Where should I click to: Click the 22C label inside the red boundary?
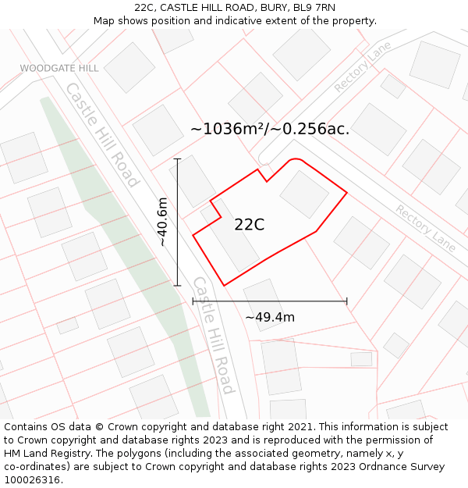coord(249,225)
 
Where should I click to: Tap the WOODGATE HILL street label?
coord(59,69)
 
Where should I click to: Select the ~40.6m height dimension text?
coord(162,222)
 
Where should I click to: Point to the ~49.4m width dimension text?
coord(270,317)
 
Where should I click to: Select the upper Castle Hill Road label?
coord(101,134)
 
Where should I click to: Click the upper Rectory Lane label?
coord(363,68)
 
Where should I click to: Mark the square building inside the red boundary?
coord(304,194)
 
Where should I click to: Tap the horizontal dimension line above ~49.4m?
coord(270,301)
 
